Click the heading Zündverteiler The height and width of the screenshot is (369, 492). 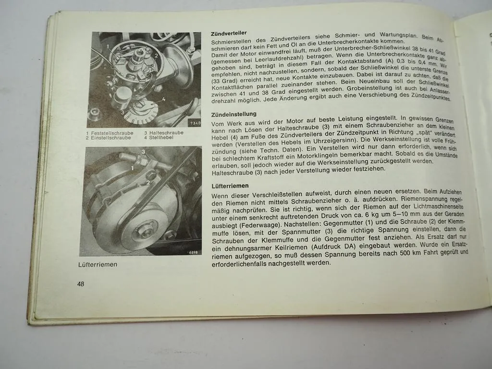229,33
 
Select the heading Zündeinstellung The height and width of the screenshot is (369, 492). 234,114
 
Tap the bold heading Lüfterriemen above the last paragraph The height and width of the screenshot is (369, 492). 231,186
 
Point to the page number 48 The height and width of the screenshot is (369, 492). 81,284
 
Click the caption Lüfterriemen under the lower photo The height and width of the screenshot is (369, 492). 98,264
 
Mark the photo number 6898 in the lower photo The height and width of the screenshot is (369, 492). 194,252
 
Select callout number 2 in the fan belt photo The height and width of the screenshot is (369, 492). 148,183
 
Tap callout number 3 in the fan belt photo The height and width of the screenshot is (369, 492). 143,152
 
